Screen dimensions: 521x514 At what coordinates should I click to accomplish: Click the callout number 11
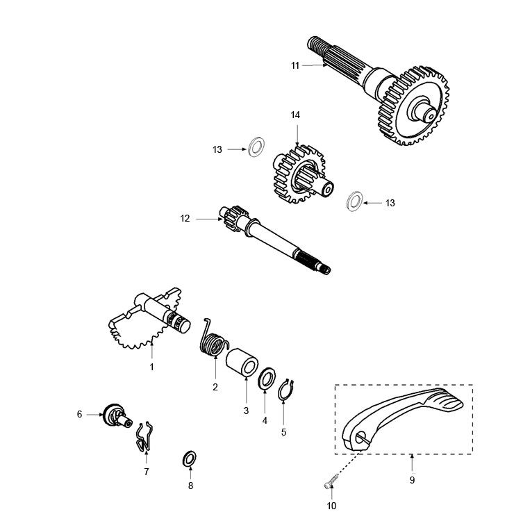coord(295,65)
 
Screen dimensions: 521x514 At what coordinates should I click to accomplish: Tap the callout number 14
coord(295,115)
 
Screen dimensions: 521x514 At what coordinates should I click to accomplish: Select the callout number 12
coord(185,218)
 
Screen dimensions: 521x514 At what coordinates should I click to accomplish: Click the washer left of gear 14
coord(256,148)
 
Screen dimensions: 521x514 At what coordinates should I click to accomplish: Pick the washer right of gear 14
coord(354,201)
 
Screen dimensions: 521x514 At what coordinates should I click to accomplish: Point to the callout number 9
coord(412,479)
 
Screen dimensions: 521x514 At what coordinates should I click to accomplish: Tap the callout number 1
coord(151,366)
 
